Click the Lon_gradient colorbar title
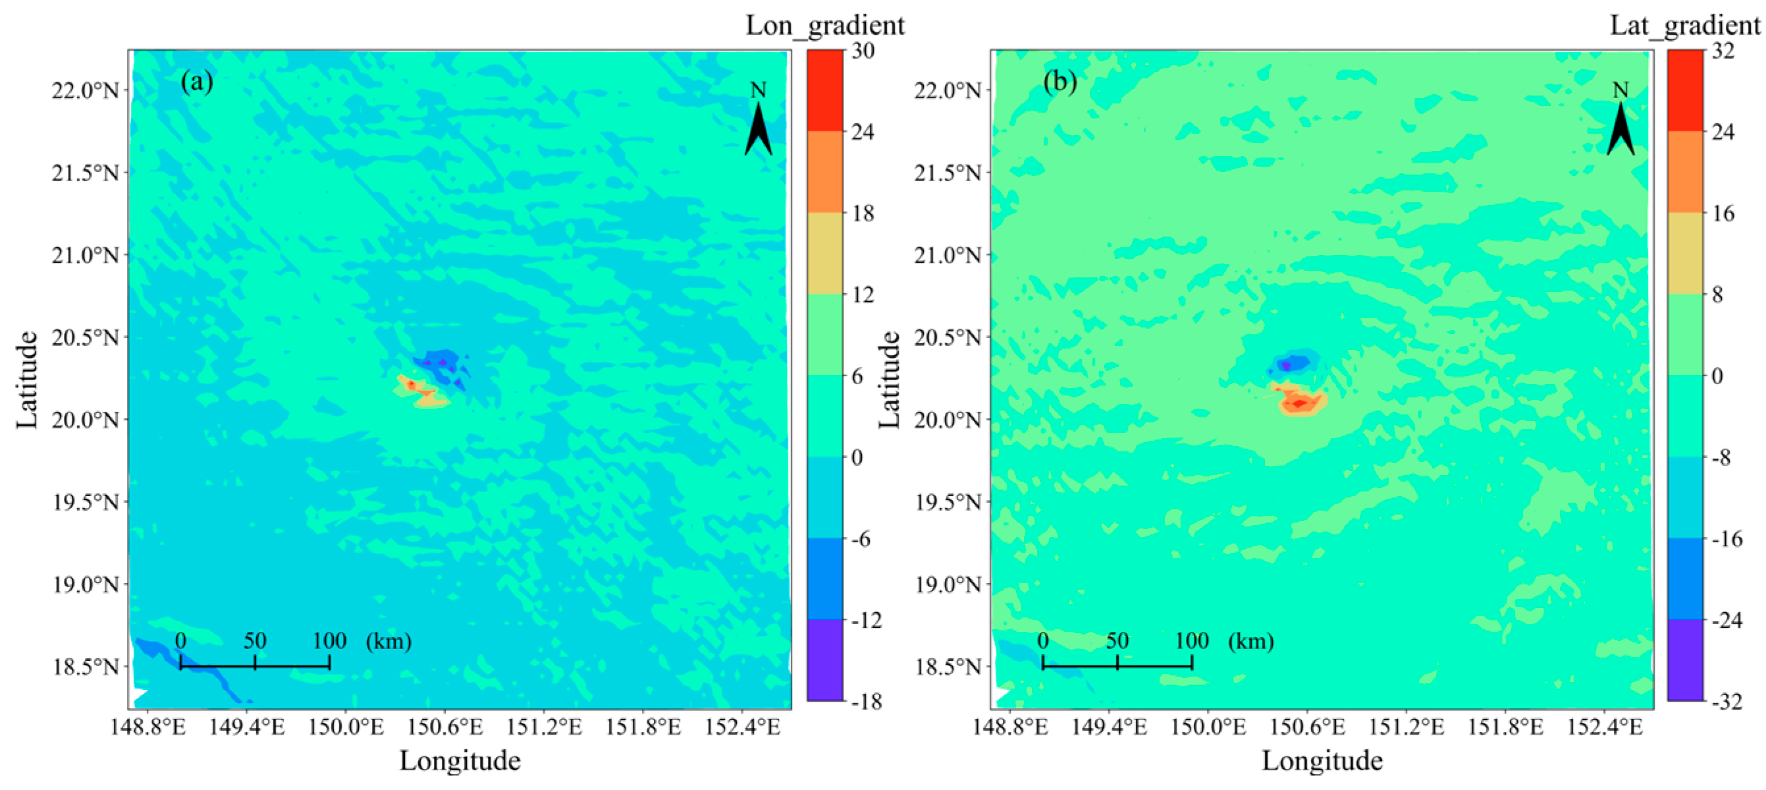click(x=825, y=26)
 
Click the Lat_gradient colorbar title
click(x=1686, y=26)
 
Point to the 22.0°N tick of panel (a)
click(x=86, y=90)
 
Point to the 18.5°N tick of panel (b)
click(x=948, y=666)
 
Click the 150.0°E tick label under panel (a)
click(x=346, y=727)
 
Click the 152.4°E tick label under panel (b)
click(x=1605, y=727)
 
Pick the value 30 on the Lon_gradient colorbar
click(x=863, y=50)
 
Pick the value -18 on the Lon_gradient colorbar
click(x=867, y=701)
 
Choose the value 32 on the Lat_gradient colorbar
click(x=1723, y=50)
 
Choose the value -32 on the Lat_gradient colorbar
click(x=1726, y=701)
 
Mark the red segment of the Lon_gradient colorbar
click(x=825, y=90)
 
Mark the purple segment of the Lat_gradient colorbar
click(x=1685, y=660)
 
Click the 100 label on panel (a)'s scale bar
click(x=330, y=640)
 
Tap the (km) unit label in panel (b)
click(x=1251, y=640)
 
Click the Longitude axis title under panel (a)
click(x=460, y=760)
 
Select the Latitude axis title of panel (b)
click(x=889, y=380)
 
